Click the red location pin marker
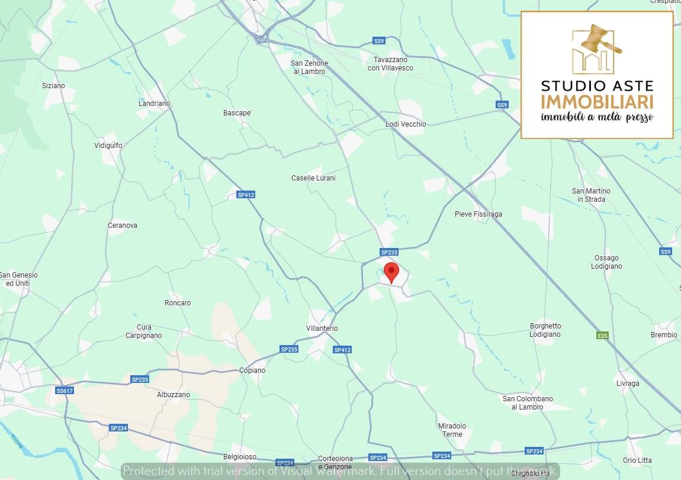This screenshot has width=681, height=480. tap(391, 273)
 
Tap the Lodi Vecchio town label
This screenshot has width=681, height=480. tap(406, 124)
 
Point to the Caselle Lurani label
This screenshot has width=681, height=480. tap(313, 178)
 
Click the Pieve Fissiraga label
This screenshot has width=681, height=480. tap(478, 214)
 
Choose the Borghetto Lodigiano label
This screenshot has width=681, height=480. tap(545, 330)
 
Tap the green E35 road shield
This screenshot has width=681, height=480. tap(602, 336)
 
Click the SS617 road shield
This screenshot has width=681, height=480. tap(65, 391)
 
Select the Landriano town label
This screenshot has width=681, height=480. tap(154, 104)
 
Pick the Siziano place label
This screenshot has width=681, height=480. tap(53, 86)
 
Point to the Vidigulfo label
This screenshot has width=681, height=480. tap(108, 146)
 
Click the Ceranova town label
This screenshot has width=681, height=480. tap(123, 225)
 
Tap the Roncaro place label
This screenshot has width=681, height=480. tap(178, 303)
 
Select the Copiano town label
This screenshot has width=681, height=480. tap(252, 371)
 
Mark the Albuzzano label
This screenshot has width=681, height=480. tap(174, 395)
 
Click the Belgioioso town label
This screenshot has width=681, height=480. tap(240, 457)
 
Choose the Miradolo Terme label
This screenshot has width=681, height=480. tap(452, 430)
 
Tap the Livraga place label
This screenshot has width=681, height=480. tap(628, 384)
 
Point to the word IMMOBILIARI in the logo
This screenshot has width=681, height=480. tap(597, 101)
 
